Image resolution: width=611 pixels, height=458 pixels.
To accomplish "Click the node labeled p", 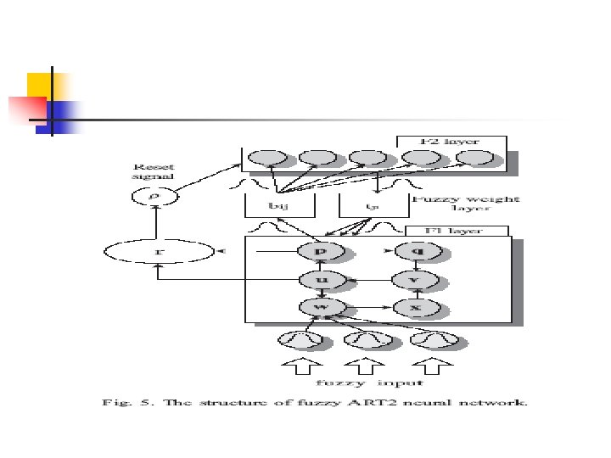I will tap(321, 252).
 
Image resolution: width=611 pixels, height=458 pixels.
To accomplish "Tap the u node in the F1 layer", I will tap(320, 279).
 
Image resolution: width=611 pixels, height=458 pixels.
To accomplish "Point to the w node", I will tap(320, 305).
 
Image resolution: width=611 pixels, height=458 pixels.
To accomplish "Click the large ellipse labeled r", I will tap(160, 252).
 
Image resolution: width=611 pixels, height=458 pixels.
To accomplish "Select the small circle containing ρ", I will tap(154, 197).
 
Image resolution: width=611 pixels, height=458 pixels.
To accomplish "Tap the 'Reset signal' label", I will tap(152, 171).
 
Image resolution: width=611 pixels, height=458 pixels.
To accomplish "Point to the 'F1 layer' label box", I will tap(457, 231).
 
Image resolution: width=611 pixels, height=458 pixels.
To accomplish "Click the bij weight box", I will tap(279, 204).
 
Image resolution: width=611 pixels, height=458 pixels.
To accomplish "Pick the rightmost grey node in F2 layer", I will tap(475, 159).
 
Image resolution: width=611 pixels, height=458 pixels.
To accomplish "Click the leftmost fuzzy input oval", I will tap(301, 340).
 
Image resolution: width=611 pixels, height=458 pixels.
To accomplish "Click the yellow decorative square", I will tap(42, 86).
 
